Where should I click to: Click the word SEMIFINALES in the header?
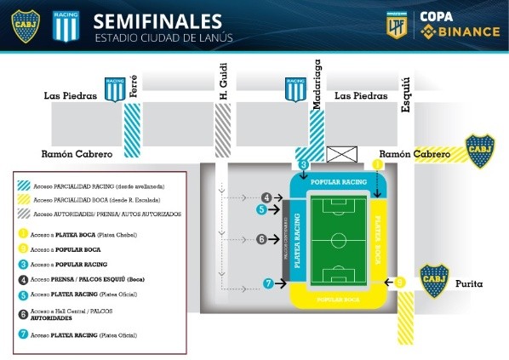(157, 20)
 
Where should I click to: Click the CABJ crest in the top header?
(25, 26)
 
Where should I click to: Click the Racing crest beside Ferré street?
(114, 89)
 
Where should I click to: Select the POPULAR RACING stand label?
(339, 182)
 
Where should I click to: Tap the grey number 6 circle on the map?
(263, 240)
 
